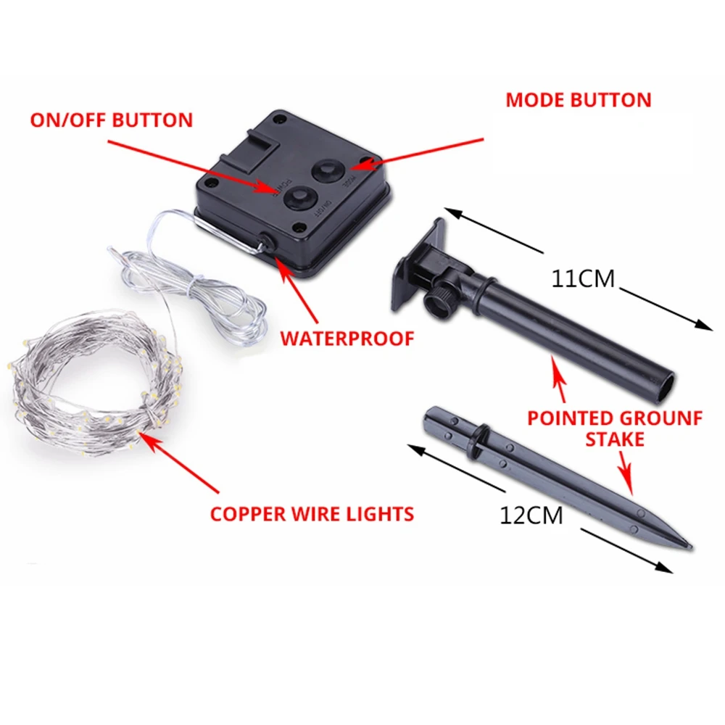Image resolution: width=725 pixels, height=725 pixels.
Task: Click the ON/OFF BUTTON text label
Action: [112, 120]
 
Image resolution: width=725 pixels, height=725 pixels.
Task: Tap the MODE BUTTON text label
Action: [578, 100]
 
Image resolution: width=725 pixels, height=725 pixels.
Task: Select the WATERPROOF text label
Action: [347, 338]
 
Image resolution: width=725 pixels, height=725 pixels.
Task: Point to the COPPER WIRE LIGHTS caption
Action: [312, 514]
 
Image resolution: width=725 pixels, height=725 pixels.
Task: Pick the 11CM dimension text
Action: [582, 279]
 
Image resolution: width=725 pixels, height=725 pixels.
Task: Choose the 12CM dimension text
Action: [531, 515]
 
